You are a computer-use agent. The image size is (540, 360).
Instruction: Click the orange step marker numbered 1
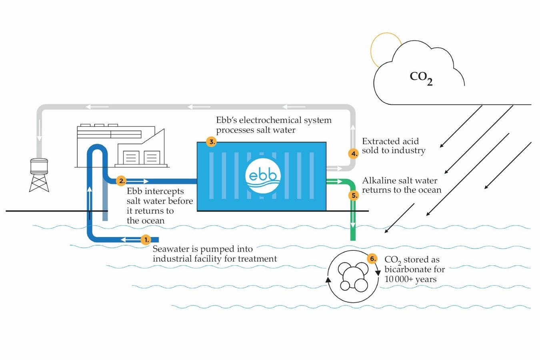pos(146,240)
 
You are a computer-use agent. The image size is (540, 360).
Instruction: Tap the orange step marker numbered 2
pos(121,181)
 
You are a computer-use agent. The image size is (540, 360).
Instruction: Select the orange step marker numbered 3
pos(211,142)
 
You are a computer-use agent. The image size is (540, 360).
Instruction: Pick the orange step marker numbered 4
pos(353,154)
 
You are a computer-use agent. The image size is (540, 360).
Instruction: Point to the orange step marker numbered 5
pos(354,196)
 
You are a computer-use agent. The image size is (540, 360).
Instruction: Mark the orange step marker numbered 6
pos(372,259)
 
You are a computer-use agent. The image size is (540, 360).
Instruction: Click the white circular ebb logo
pos(263,176)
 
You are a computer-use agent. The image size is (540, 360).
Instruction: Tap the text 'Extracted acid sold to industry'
pos(393,146)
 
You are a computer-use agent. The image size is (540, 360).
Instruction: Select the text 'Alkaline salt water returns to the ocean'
pos(401,185)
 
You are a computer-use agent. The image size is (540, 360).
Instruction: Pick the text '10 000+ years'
pos(410,279)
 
